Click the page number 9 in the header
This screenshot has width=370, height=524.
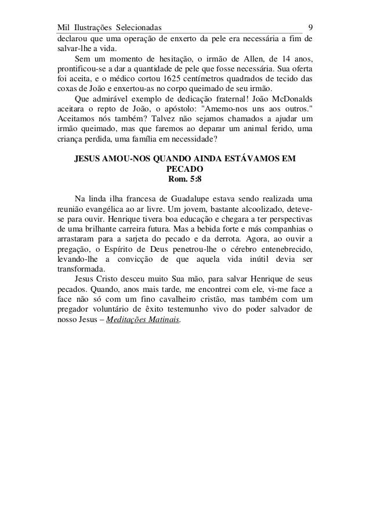pyautogui.click(x=311, y=27)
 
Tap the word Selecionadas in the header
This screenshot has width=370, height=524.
pyautogui.click(x=138, y=27)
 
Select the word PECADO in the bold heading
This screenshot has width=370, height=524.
pyautogui.click(x=184, y=168)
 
